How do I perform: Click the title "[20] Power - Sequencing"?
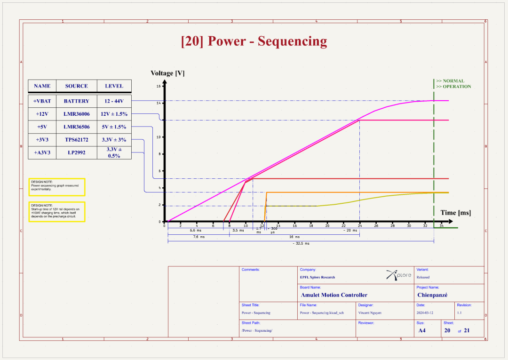pos(254,41)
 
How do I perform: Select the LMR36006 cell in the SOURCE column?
pos(77,114)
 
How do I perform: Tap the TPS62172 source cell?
pos(76,140)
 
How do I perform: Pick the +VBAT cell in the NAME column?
pos(42,101)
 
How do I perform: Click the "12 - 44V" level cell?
pos(114,101)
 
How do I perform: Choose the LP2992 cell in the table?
pos(76,153)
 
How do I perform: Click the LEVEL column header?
pos(114,86)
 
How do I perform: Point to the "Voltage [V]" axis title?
pos(167,73)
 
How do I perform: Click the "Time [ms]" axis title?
pos(455,213)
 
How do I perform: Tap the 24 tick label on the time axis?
pos(360,226)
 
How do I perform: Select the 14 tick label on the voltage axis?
pos(159,103)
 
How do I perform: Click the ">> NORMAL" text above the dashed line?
pos(450,81)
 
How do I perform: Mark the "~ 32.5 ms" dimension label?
pos(301,243)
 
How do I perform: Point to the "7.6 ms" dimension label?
pos(199,237)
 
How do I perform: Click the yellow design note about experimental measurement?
pos(57,185)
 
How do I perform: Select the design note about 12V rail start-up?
pos(57,212)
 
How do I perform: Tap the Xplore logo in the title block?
pos(398,275)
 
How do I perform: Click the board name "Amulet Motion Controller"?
pos(334,295)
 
